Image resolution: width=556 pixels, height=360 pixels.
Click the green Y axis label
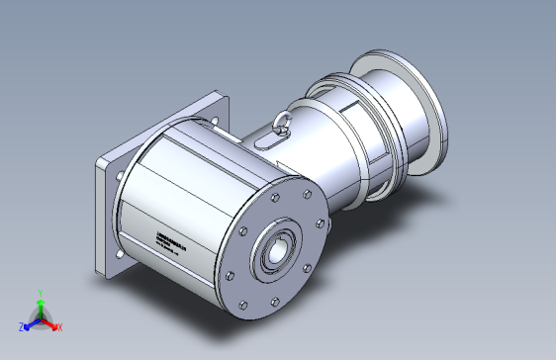tap(40, 293)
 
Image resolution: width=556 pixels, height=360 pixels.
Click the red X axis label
tap(59, 326)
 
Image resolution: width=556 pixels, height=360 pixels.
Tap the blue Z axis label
tap(21, 326)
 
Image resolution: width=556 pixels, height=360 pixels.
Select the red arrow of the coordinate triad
tap(50, 322)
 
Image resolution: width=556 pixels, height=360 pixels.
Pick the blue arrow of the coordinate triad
tap(30, 323)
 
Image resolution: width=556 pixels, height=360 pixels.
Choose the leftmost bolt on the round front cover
tap(230, 276)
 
